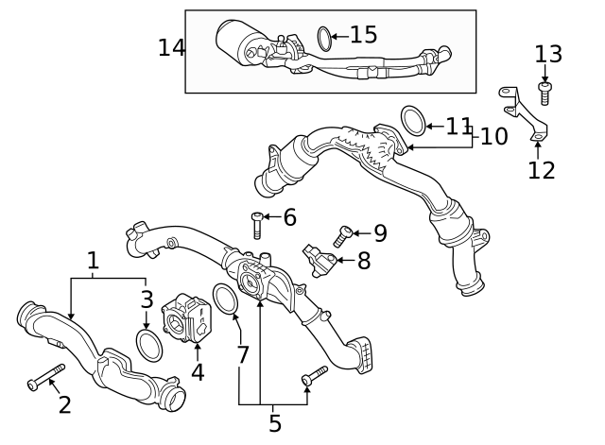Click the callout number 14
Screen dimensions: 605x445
point(171,48)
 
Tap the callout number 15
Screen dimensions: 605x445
point(363,34)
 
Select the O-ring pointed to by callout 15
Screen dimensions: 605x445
point(324,39)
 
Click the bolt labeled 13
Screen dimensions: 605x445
point(544,94)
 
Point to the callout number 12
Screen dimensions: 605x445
point(542,170)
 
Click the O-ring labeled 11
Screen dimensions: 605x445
point(413,120)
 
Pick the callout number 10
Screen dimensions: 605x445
point(493,136)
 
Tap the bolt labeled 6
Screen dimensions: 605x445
point(257,226)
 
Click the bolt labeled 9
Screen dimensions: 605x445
point(342,236)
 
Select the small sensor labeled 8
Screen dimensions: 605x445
point(320,260)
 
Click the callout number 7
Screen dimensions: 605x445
point(242,354)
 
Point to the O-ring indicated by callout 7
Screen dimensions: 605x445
point(226,300)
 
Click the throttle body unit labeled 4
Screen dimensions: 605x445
point(187,317)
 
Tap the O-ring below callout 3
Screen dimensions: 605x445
point(149,346)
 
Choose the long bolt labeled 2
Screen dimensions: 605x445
point(46,377)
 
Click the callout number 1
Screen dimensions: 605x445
point(93,261)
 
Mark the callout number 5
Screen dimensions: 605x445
point(275,423)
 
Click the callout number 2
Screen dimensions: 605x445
point(65,405)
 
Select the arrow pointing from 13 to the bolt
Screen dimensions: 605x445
point(544,74)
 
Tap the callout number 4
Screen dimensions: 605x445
point(198,372)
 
